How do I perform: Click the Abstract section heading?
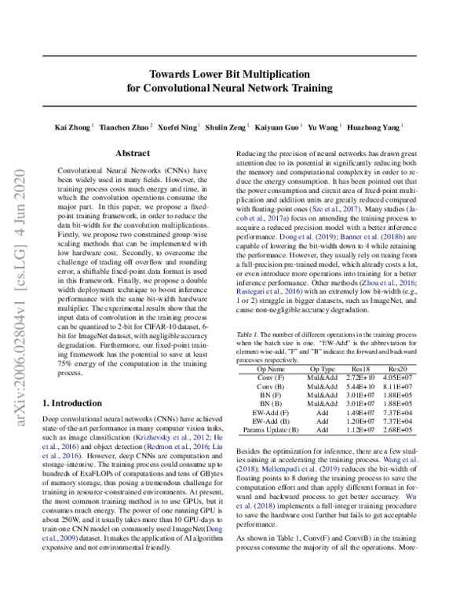133,155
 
